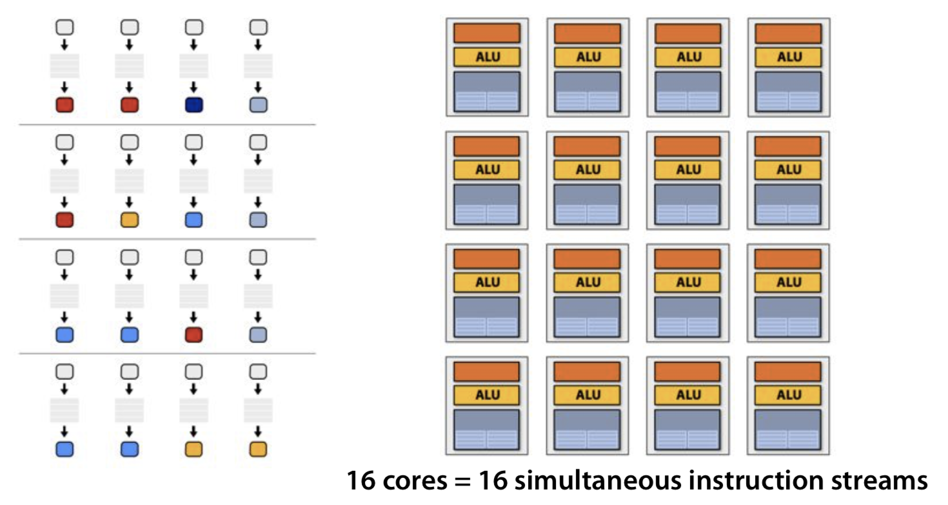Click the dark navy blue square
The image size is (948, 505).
(194, 105)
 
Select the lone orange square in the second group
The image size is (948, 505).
(130, 220)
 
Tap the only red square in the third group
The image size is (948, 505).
(194, 335)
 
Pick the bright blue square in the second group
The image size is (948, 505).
(194, 220)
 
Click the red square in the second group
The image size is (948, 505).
(64, 220)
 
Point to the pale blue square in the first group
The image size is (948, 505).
(258, 105)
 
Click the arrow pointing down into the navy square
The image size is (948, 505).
(194, 87)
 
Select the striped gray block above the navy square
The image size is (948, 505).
(194, 66)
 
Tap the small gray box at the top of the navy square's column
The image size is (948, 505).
(194, 28)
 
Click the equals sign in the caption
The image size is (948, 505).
(463, 481)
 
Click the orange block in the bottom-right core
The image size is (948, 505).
(788, 372)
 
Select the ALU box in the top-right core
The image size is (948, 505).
(789, 57)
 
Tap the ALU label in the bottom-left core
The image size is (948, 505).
(488, 395)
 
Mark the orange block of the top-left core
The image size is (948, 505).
(487, 33)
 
